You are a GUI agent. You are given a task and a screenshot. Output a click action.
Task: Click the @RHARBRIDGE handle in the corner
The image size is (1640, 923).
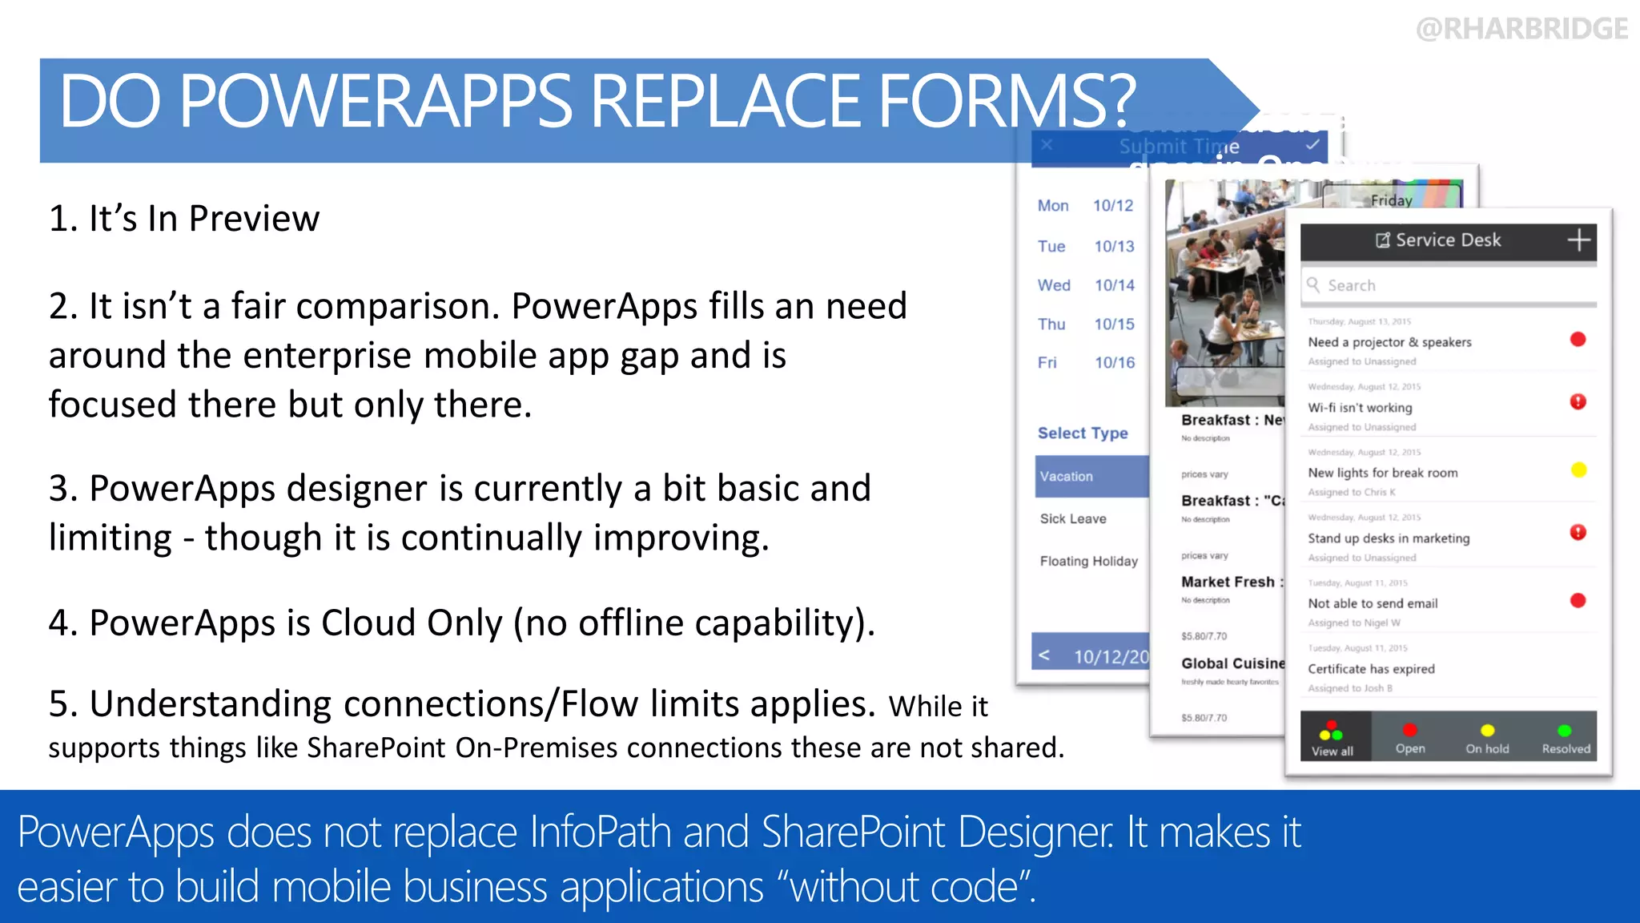pos(1521,29)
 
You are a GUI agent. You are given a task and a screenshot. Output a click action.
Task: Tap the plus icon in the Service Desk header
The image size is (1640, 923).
pos(1578,240)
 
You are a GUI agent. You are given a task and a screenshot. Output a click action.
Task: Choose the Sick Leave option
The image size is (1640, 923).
pos(1073,518)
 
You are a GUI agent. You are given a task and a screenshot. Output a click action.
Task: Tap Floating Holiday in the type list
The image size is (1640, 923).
pos(1088,561)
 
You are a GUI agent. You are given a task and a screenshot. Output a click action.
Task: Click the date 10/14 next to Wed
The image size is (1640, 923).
pos(1115,285)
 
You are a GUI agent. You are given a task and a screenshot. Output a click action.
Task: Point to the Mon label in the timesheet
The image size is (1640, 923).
pos(1053,206)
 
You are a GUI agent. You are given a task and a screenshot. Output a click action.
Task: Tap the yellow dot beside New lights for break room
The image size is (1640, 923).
pos(1578,470)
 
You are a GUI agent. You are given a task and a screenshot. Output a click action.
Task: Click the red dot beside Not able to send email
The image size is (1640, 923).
pos(1578,601)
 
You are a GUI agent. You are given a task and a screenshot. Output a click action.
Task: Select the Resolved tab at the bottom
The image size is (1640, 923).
pos(1566,739)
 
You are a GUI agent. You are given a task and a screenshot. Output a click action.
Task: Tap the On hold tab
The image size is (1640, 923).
pos(1487,739)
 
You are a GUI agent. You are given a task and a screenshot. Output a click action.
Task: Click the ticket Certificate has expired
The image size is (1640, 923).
pos(1371,669)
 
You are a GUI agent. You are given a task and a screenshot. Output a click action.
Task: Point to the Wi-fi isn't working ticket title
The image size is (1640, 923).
pos(1360,408)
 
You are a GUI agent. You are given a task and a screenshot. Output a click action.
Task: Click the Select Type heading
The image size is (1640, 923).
pos(1083,433)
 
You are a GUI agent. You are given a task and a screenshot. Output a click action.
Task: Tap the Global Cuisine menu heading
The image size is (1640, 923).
pos(1232,663)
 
